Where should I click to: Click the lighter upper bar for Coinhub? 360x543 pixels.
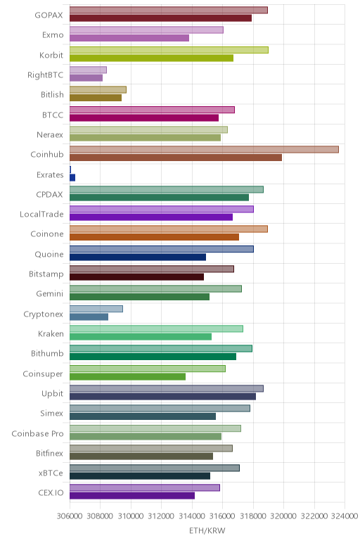coord(204,150)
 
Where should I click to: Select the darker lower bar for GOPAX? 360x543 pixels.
coord(160,18)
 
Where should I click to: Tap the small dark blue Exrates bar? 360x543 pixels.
coord(72,178)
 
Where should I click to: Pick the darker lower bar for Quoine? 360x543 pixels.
coord(138,257)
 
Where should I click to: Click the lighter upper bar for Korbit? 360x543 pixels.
coord(169,50)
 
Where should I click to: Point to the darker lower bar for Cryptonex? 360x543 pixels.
coord(89,317)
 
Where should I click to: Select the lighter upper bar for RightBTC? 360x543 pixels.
coord(89,70)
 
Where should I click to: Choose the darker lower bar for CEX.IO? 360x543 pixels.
coord(132,496)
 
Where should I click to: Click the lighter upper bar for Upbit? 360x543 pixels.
coord(167,388)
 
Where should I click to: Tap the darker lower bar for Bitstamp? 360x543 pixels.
coord(136,277)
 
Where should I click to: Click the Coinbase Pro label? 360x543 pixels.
coord(37,433)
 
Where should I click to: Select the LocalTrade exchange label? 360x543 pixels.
coord(41,214)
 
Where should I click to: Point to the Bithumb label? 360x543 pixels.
coord(47,354)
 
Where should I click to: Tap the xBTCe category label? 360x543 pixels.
coord(51,473)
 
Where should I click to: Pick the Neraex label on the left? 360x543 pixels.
coord(50,135)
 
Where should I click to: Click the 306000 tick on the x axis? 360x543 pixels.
coord(70,516)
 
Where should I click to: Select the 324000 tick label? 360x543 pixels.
coord(345,516)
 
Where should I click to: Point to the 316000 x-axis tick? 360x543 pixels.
coord(222,516)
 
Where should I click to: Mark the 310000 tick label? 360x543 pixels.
coord(131,516)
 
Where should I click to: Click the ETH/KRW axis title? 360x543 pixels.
coord(207,530)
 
